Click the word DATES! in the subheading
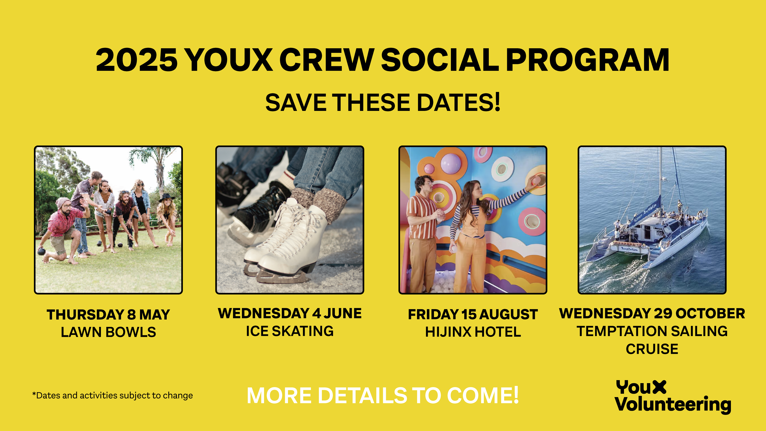(458, 102)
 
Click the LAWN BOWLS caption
(108, 332)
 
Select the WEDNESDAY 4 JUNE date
(290, 313)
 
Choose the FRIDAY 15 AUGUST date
(473, 314)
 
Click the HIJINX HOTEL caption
(473, 332)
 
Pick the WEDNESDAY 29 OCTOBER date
(652, 313)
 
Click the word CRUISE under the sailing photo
(652, 349)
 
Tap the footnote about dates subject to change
(112, 395)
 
